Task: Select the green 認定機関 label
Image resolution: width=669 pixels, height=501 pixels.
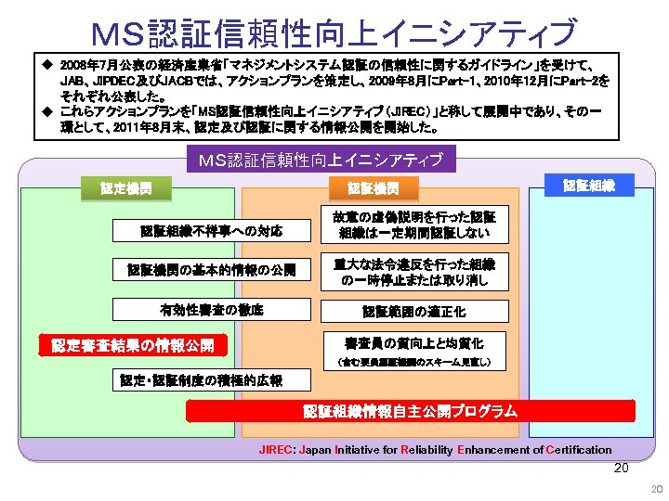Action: pyautogui.click(x=126, y=189)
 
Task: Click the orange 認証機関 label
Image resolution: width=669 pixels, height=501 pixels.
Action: pyautogui.click(x=373, y=189)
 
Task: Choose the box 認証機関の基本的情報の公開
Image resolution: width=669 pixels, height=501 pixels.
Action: pyautogui.click(x=211, y=270)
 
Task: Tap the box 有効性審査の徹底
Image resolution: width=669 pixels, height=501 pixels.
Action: pyautogui.click(x=211, y=310)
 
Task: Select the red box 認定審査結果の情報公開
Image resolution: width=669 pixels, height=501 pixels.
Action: pyautogui.click(x=133, y=346)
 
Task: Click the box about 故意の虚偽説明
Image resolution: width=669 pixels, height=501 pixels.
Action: pyautogui.click(x=414, y=225)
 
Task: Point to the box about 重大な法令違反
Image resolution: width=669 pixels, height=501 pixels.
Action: pyautogui.click(x=414, y=271)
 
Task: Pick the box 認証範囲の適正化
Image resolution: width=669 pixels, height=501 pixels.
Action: pyautogui.click(x=414, y=312)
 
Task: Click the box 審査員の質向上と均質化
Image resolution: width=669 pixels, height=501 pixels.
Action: pyautogui.click(x=414, y=342)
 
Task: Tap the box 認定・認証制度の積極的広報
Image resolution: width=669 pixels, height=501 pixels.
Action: pyautogui.click(x=198, y=379)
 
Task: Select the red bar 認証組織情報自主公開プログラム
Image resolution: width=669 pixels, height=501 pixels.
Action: pyautogui.click(x=411, y=411)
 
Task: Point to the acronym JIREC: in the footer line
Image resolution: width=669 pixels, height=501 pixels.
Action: pyautogui.click(x=276, y=450)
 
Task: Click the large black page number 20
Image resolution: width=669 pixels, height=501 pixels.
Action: pyautogui.click(x=622, y=468)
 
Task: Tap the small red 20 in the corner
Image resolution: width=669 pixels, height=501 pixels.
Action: pyautogui.click(x=656, y=489)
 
